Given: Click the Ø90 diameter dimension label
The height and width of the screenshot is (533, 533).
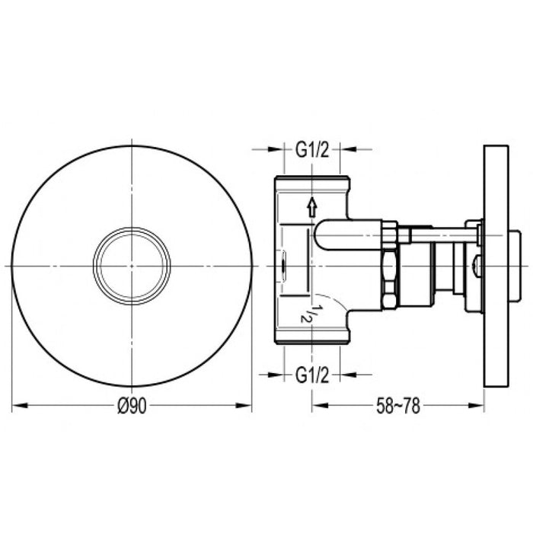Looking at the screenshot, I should [132, 407].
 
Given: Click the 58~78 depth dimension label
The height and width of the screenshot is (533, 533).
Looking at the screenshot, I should [398, 407].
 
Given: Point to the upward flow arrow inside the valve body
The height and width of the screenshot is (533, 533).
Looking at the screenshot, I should [311, 206].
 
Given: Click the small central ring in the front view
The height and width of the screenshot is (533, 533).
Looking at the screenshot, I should [132, 265].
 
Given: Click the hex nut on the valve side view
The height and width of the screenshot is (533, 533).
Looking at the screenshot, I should [389, 265].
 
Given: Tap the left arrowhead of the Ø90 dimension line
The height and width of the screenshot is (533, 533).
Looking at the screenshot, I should [18, 407].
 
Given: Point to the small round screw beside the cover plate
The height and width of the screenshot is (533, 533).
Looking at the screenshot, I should [476, 266].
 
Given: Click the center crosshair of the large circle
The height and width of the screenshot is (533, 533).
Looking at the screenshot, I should [132, 265].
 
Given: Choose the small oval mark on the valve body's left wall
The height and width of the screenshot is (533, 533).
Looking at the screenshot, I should [283, 266].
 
